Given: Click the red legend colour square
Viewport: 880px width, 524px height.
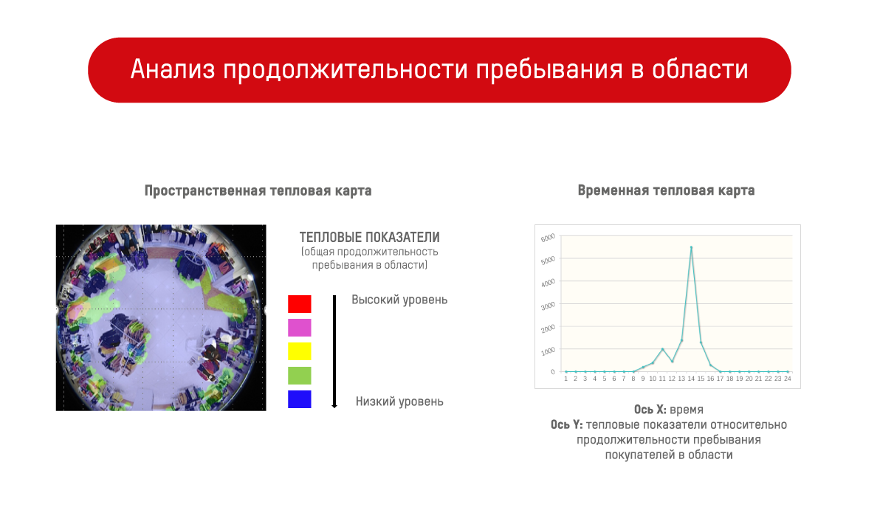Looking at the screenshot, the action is pos(299,303).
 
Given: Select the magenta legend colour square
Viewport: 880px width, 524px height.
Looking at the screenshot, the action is pos(299,328).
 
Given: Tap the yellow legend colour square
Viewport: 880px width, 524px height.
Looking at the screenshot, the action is pos(299,351).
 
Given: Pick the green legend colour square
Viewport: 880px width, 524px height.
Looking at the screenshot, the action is pos(299,376).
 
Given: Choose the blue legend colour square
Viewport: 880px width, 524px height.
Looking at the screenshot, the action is pos(299,399).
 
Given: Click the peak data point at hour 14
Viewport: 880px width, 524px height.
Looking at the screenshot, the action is pos(691,247).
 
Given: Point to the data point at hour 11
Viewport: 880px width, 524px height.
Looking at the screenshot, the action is pos(662,349).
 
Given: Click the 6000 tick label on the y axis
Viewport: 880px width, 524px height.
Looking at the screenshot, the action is pos(548,238).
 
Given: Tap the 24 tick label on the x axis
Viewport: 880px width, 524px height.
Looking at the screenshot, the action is pos(788,379).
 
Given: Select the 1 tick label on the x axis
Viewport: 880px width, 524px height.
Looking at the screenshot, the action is pos(566,379).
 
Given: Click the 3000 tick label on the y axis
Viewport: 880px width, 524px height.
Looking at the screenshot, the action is pos(548,306).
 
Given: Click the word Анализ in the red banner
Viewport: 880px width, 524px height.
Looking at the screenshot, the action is pos(173,69).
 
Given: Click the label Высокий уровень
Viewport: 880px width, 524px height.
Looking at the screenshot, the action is pos(399,300).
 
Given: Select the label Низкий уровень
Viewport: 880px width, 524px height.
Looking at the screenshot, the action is pos(399,401).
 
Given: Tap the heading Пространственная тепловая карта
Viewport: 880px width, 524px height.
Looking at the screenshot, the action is pos(258,190).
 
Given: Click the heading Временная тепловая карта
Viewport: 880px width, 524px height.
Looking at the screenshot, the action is pos(666,190).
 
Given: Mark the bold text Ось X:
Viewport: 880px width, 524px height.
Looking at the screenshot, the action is pos(650,410).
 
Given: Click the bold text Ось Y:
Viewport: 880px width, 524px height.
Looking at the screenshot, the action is pos(566,424).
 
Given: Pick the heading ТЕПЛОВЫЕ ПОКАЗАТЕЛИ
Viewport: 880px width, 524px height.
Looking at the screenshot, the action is pos(369,238).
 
